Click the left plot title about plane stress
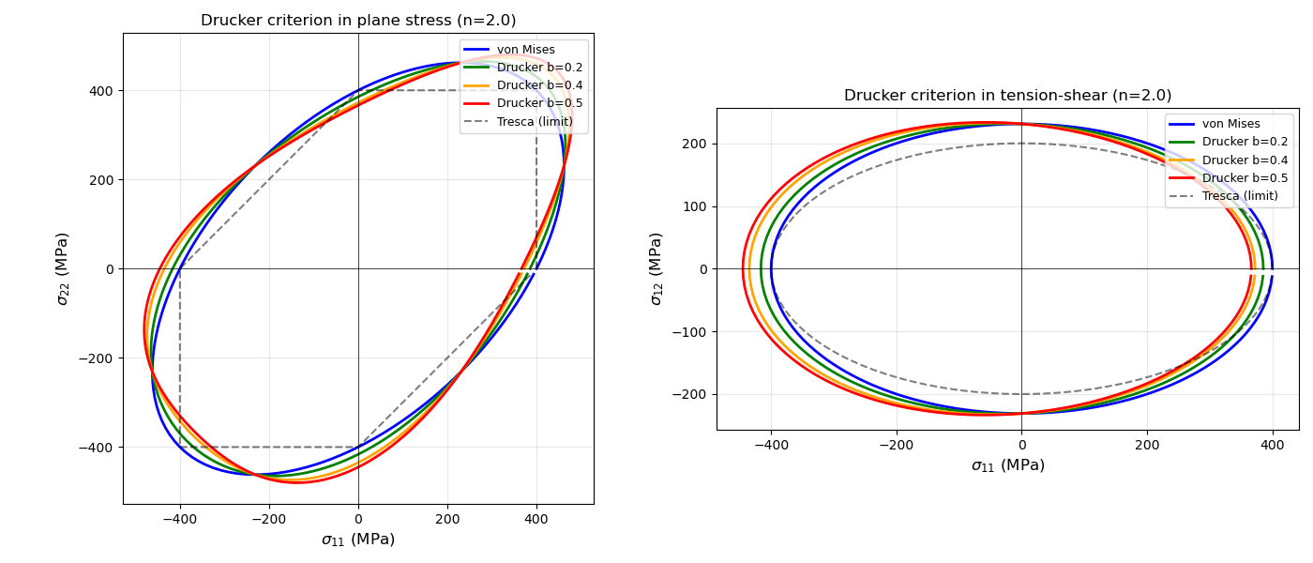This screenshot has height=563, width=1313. coord(358,21)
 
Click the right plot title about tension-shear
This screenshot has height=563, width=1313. coord(1007,96)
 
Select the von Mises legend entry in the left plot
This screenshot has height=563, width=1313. coord(525,50)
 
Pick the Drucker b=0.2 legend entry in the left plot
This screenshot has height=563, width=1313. coord(539,68)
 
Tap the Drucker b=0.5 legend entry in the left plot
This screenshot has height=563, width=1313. coord(539,103)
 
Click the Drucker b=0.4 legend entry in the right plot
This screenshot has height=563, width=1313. coord(1245,160)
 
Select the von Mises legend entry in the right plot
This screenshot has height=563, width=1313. coord(1230,124)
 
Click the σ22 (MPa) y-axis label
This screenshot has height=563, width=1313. coord(63,268)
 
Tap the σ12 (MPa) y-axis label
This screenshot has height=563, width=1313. coord(656,268)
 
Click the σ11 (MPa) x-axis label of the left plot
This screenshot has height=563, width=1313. coord(358,540)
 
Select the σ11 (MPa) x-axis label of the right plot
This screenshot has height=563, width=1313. coord(1007,465)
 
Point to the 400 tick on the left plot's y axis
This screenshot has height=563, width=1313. coord(101,91)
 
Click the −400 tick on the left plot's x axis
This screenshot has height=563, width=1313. coord(180,518)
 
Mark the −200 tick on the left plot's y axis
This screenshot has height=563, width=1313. coord(98,358)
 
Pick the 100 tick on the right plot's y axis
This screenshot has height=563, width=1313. coord(695,206)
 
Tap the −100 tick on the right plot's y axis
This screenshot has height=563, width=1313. coord(691,331)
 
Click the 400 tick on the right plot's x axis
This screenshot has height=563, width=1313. coord(1272,445)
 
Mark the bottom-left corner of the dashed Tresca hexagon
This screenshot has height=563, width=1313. coord(180,447)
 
